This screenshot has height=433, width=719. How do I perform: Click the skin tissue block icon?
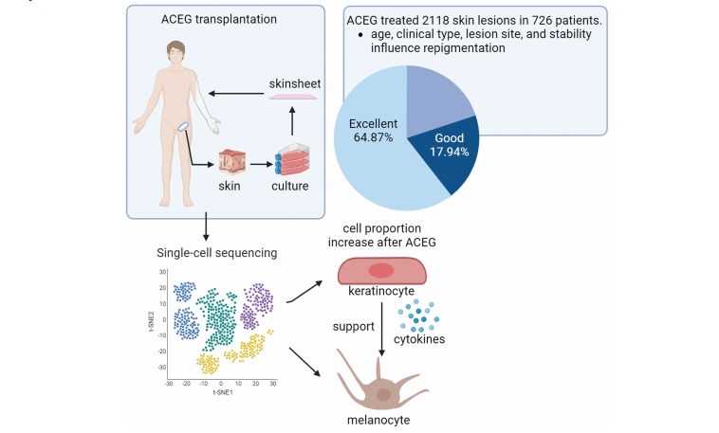coord(232,163)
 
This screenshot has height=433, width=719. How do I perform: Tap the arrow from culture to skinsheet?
coord(293,121)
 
